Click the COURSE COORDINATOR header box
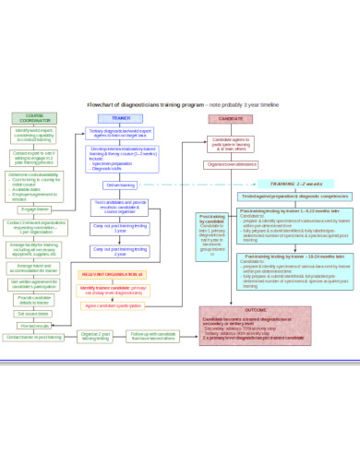tap(34, 118)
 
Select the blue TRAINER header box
tap(121, 118)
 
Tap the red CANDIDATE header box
tap(224, 119)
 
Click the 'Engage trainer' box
tap(34, 209)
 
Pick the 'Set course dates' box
tap(34, 314)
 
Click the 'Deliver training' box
tap(121, 185)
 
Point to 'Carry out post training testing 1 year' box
tap(120, 227)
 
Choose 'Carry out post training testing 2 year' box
tap(120, 250)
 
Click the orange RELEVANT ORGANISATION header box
tap(113, 274)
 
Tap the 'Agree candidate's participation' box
tap(114, 305)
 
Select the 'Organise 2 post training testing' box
tap(95, 337)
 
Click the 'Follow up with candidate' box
tap(152, 337)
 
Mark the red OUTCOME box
tap(255, 325)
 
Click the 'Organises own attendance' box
tap(232, 164)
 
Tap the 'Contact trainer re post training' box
tap(34, 338)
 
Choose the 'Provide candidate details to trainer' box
tap(34, 299)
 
